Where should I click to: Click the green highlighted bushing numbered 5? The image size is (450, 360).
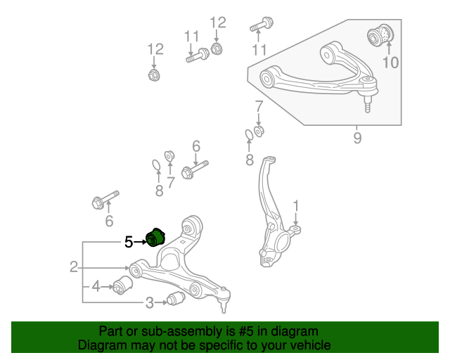pyautogui.click(x=155, y=237)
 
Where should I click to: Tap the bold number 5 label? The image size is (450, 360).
pyautogui.click(x=129, y=242)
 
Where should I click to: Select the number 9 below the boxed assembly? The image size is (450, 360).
pyautogui.click(x=357, y=138)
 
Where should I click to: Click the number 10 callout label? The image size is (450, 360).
pyautogui.click(x=391, y=63)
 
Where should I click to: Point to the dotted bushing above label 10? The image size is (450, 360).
pyautogui.click(x=380, y=36)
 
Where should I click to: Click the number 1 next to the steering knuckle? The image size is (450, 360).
pyautogui.click(x=295, y=206)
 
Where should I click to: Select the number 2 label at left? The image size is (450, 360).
pyautogui.click(x=74, y=266)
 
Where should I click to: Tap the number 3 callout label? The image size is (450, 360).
pyautogui.click(x=149, y=302)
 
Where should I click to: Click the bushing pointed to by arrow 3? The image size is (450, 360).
pyautogui.click(x=176, y=299)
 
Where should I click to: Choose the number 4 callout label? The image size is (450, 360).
pyautogui.click(x=96, y=286)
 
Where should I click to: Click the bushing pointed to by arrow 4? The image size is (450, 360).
pyautogui.click(x=122, y=285)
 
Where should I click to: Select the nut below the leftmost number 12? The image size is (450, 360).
pyautogui.click(x=154, y=75)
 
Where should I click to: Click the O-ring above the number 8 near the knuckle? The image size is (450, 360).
pyautogui.click(x=249, y=135)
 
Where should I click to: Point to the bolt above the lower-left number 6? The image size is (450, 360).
pyautogui.click(x=105, y=200)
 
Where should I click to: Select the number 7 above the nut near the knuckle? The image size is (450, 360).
pyautogui.click(x=259, y=106)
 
